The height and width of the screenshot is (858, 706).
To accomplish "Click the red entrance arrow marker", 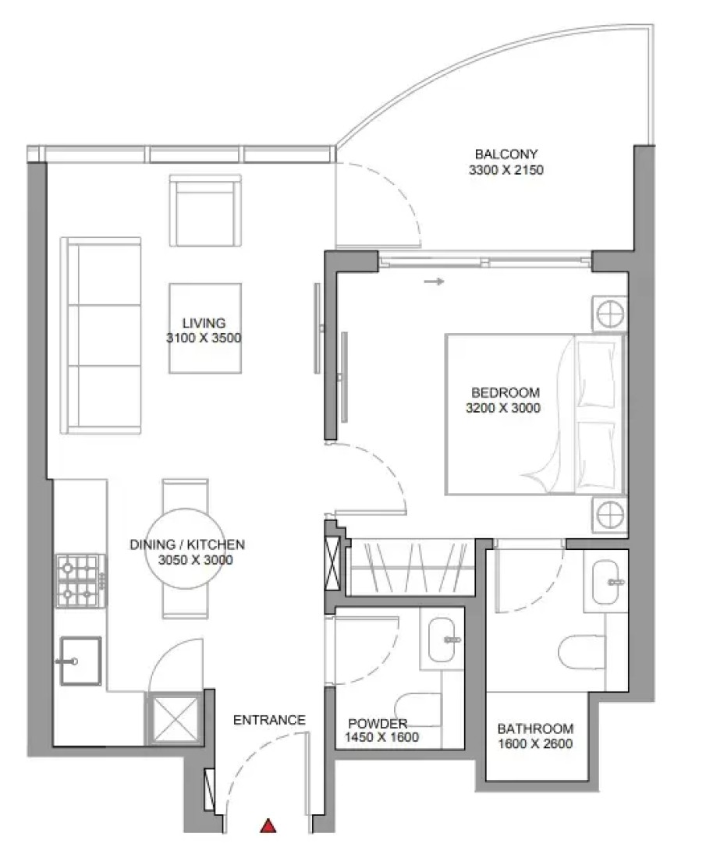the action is pyautogui.click(x=268, y=825).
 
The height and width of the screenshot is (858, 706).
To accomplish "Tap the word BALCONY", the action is pyautogui.click(x=506, y=154).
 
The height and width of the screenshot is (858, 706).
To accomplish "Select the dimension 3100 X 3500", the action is pyautogui.click(x=204, y=338).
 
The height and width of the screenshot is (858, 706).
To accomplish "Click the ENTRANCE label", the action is pyautogui.click(x=269, y=720).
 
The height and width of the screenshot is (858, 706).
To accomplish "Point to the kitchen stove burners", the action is pyautogui.click(x=81, y=580).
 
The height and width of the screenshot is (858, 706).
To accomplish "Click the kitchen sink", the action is pyautogui.click(x=80, y=661).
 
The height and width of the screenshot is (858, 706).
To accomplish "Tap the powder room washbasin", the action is pyautogui.click(x=442, y=640).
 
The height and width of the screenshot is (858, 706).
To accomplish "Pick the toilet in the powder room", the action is pyautogui.click(x=418, y=710).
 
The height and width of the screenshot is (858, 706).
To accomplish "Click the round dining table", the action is pyautogui.click(x=186, y=548).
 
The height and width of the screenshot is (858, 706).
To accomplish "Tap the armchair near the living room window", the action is pyautogui.click(x=205, y=211).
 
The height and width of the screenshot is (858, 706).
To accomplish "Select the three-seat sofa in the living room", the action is pyautogui.click(x=101, y=335).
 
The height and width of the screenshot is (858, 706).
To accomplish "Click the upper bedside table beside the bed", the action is pyautogui.click(x=609, y=314).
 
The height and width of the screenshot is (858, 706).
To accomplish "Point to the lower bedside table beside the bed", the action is pyautogui.click(x=609, y=515).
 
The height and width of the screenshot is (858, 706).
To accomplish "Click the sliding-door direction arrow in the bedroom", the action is pyautogui.click(x=434, y=282).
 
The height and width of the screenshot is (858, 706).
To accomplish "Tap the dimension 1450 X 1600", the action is pyautogui.click(x=381, y=737).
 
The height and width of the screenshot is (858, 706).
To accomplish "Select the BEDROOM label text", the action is pyautogui.click(x=506, y=392).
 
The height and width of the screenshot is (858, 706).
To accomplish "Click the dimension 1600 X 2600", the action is pyautogui.click(x=535, y=743).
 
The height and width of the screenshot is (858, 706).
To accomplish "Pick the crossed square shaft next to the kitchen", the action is pyautogui.click(x=175, y=719).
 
